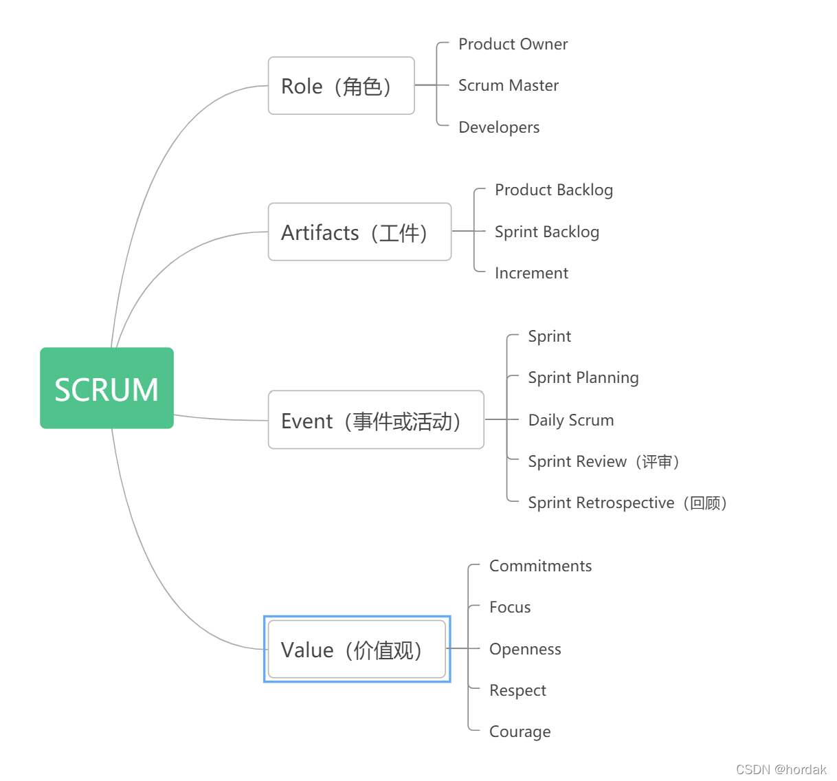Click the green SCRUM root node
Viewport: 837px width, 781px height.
tap(107, 388)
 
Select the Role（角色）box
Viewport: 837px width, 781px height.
tap(341, 86)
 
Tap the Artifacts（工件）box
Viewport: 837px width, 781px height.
tap(359, 232)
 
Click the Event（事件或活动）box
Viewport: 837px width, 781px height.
tap(376, 420)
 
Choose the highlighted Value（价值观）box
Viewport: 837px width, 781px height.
tap(357, 650)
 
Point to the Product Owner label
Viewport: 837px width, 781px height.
tap(513, 44)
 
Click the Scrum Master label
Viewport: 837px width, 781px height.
tap(508, 85)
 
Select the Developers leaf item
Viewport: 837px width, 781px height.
tap(499, 127)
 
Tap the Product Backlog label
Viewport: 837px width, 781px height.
tap(553, 190)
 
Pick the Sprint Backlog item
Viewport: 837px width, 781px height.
tap(546, 232)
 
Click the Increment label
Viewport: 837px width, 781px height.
tap(531, 273)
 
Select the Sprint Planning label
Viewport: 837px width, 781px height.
tap(583, 377)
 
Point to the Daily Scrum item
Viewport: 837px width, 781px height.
tap(570, 420)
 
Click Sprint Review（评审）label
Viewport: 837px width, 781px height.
tap(603, 461)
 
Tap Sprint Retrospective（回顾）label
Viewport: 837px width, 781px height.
tap(627, 503)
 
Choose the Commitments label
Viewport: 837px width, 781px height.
tap(540, 566)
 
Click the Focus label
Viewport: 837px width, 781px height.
tap(510, 607)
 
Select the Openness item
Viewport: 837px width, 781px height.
tap(525, 649)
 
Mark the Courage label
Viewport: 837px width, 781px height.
tap(520, 731)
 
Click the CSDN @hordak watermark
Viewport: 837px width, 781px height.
tap(781, 769)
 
